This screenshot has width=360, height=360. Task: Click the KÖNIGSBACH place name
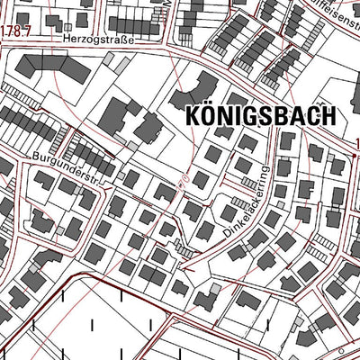(260, 116)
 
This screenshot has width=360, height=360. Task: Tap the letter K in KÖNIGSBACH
(192, 116)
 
